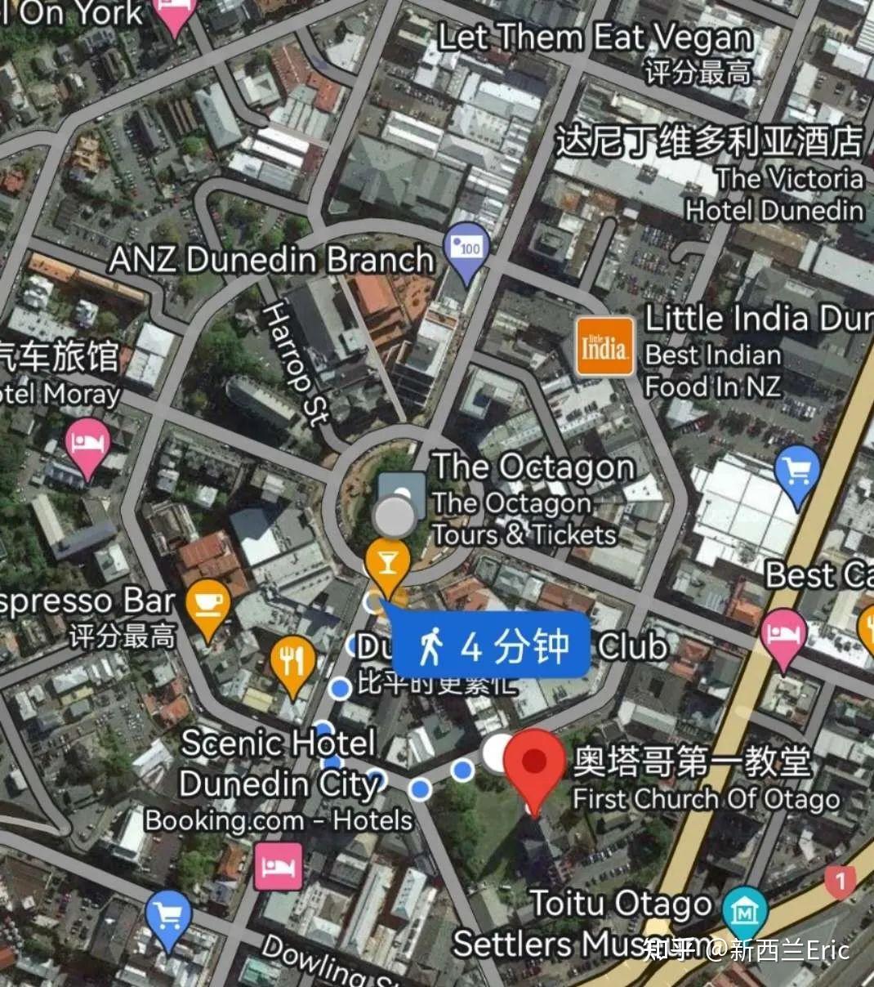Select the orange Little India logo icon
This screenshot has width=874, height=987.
tap(604, 346)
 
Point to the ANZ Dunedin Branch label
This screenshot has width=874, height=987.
tap(271, 260)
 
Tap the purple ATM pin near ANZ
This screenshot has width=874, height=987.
tap(466, 248)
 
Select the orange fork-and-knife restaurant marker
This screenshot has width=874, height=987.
tap(292, 662)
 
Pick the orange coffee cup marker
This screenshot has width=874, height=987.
tap(207, 605)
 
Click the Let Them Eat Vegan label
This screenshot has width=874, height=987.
tap(595, 38)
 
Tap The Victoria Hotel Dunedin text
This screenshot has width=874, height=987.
tap(775, 194)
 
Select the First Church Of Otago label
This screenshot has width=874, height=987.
tap(706, 798)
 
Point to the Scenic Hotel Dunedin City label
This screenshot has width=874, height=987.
tap(278, 763)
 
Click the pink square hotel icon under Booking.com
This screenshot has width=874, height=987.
tap(278, 867)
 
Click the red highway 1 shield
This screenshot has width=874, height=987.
tap(839, 881)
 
